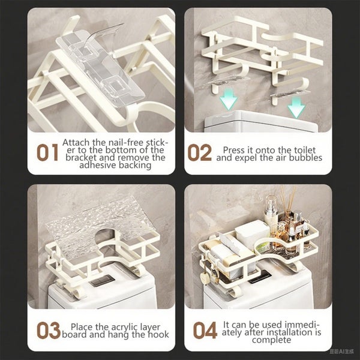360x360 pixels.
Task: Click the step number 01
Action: pyautogui.click(x=47, y=152)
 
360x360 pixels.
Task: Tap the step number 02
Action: pyautogui.click(x=199, y=152)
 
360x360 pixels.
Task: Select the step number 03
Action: pyautogui.click(x=49, y=330)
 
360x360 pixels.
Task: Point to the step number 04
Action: pyautogui.click(x=205, y=330)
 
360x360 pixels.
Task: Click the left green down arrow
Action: pyautogui.click(x=229, y=98)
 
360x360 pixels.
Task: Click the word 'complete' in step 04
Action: pyautogui.click(x=271, y=340)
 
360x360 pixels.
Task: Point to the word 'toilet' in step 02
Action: pyautogui.click(x=305, y=150)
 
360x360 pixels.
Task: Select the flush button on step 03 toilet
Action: pyautogui.click(x=102, y=281)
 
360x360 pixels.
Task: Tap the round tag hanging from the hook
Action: pyautogui.click(x=205, y=279)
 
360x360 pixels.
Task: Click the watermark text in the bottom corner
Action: pyautogui.click(x=341, y=352)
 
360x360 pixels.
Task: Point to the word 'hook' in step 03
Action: pyautogui.click(x=158, y=335)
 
